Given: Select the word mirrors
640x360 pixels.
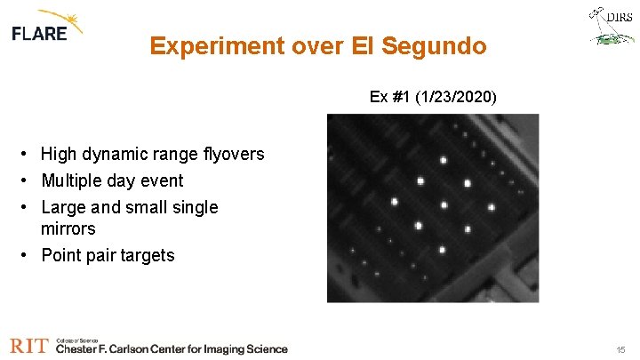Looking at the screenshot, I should tap(68, 229).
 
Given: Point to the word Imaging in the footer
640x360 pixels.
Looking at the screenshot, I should tap(205, 349).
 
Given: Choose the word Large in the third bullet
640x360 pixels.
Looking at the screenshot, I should tap(63, 208).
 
